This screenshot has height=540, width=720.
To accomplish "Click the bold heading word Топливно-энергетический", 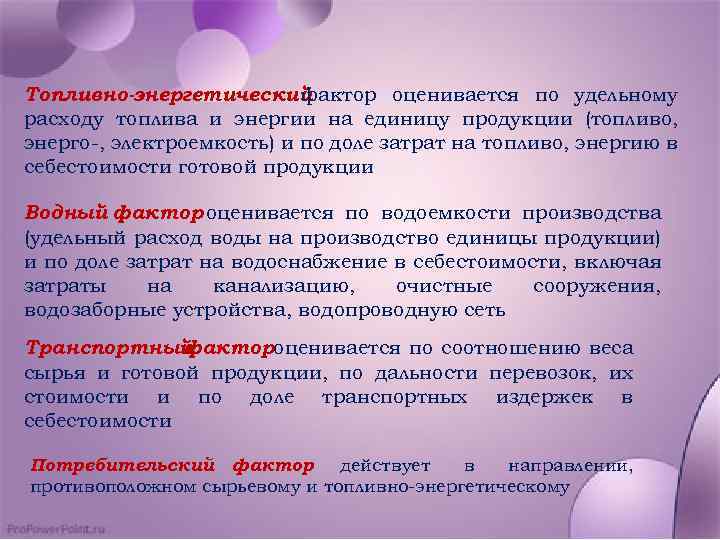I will [164, 96].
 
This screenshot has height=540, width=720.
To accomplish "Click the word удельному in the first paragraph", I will [625, 96].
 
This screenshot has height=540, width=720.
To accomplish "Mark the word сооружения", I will [597, 286].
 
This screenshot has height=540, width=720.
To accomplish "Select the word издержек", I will [544, 397].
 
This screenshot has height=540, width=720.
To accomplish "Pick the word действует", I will [385, 466].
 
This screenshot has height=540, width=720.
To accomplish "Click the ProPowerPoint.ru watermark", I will [56, 527].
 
